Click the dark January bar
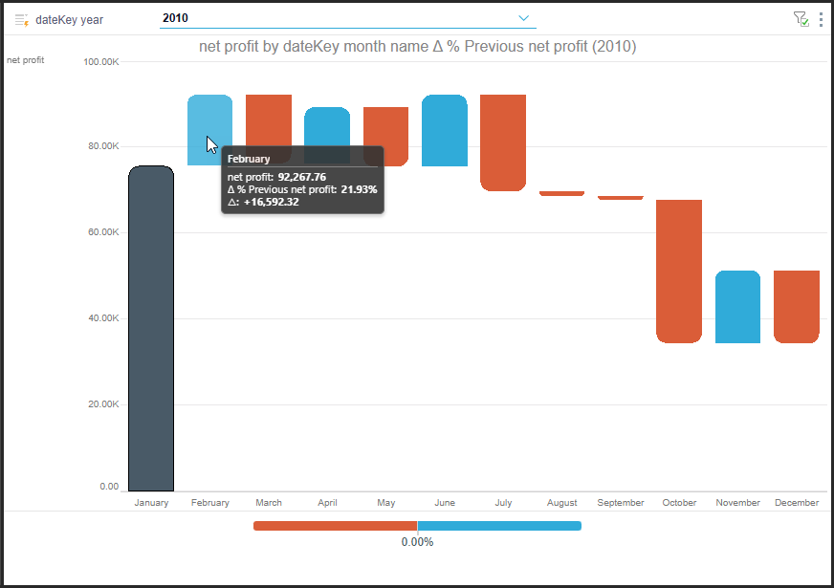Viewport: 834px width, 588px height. pyautogui.click(x=151, y=329)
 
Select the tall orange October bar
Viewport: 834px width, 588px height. pyautogui.click(x=679, y=272)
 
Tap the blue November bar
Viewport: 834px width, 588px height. pyautogui.click(x=737, y=307)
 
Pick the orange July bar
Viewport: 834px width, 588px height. pyautogui.click(x=503, y=142)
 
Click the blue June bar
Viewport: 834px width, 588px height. pyautogui.click(x=445, y=130)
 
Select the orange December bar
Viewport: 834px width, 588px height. pyautogui.click(x=797, y=307)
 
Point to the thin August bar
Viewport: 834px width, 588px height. pyautogui.click(x=561, y=193)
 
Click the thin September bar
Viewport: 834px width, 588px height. pyautogui.click(x=621, y=198)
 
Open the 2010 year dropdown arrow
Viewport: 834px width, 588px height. pyautogui.click(x=524, y=18)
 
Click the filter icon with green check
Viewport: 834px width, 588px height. pyautogui.click(x=801, y=19)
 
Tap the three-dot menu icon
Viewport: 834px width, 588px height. pyautogui.click(x=822, y=19)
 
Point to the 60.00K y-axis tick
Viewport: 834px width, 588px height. pyautogui.click(x=103, y=232)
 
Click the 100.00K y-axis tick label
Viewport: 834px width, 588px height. pyautogui.click(x=101, y=62)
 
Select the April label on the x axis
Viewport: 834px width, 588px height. pyautogui.click(x=328, y=502)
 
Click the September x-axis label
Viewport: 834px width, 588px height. pyautogui.click(x=621, y=502)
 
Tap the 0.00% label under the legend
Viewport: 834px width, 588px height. pyautogui.click(x=418, y=542)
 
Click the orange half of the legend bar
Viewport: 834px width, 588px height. pyautogui.click(x=335, y=526)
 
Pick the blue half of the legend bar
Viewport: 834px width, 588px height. pyautogui.click(x=499, y=526)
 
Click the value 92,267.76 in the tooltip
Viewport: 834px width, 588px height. pyautogui.click(x=302, y=177)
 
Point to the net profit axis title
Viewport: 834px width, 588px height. pyautogui.click(x=26, y=60)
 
